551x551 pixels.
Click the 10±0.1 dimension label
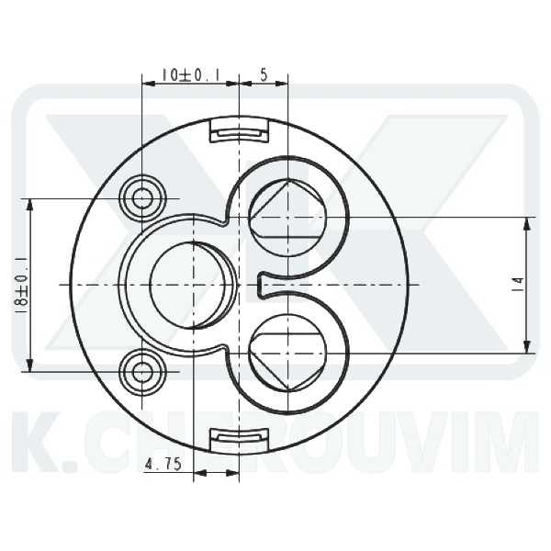[x=190, y=74]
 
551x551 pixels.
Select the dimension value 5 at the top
[x=264, y=74]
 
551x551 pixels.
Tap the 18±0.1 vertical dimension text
[x=20, y=285]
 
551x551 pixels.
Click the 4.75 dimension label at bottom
[x=163, y=465]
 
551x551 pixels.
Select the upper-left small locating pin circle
[x=142, y=198]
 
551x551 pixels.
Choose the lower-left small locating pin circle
[x=142, y=372]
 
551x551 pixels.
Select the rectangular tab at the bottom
[x=239, y=439]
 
